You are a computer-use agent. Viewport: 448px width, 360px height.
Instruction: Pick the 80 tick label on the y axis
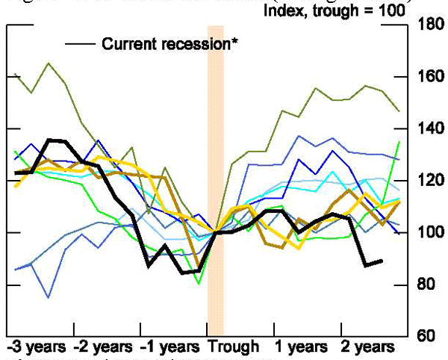(x=425, y=285)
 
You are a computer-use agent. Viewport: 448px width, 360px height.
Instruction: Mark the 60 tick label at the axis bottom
(x=425, y=336)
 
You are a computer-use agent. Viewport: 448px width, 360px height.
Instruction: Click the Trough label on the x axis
(x=234, y=347)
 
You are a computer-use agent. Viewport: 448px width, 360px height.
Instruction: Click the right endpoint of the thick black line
(x=382, y=261)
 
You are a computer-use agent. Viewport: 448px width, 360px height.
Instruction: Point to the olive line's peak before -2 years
(x=49, y=63)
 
